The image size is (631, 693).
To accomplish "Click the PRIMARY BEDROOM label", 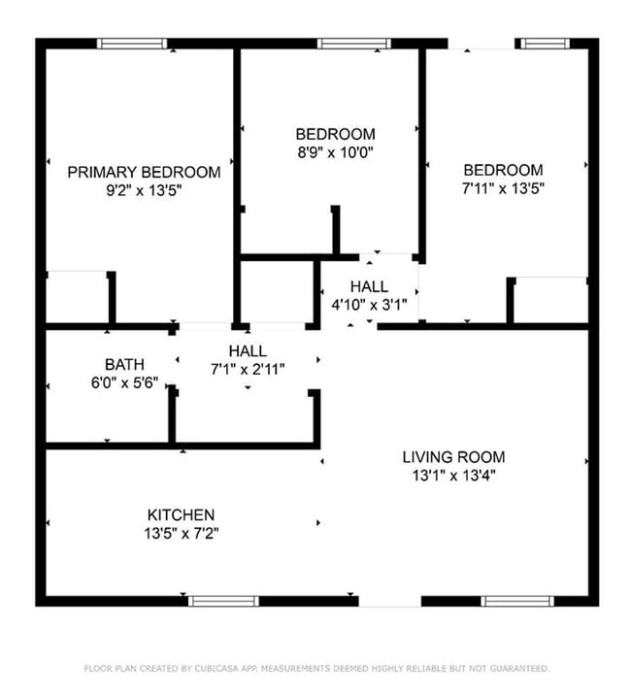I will coord(144,172).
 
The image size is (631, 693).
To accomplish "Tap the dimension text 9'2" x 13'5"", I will coord(144,190).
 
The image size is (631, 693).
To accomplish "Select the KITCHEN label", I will coord(181,514).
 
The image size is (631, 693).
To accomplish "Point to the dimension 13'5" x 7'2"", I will coord(181,533).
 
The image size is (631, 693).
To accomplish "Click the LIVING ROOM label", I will coord(453,457).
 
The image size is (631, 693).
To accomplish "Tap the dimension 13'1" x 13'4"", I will coord(453,476).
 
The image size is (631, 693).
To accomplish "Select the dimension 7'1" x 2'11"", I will coord(248,369).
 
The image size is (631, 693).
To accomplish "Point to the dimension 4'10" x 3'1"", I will coord(369,305).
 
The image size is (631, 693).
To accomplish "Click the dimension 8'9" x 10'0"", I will coord(335,152).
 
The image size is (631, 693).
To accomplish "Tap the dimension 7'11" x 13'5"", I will coord(502,188).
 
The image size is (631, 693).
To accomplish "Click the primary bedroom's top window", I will coord(132,44).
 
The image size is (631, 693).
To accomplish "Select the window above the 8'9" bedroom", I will coord(354,44).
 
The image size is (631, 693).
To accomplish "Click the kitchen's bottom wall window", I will coord(224,601).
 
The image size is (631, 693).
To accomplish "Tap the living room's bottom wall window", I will coord(517,601).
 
